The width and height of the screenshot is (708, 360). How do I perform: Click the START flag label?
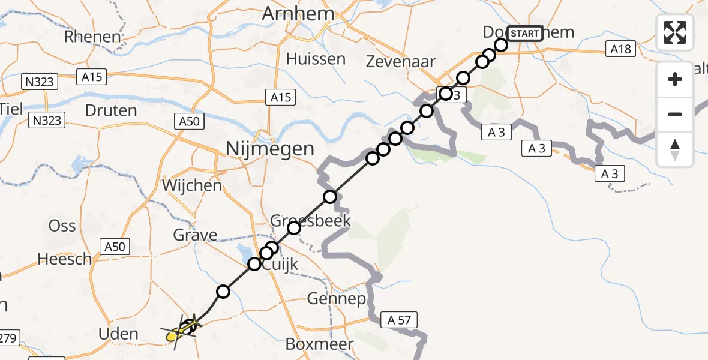click(524, 34)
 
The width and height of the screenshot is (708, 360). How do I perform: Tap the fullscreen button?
click(675, 32)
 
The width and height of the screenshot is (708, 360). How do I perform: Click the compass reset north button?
click(675, 149)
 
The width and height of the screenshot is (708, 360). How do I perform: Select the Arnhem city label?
click(297, 14)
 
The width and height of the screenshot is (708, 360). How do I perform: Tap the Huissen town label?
click(316, 59)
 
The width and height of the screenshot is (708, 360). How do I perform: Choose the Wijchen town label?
click(192, 185)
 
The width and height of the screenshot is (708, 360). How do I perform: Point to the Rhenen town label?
click(93, 37)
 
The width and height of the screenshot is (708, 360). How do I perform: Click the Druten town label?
click(111, 111)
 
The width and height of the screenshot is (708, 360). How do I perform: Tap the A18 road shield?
click(620, 49)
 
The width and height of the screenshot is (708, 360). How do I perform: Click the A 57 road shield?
click(399, 320)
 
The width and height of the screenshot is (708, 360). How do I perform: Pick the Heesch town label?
click(65, 259)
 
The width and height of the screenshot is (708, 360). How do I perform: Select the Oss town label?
click(62, 226)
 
